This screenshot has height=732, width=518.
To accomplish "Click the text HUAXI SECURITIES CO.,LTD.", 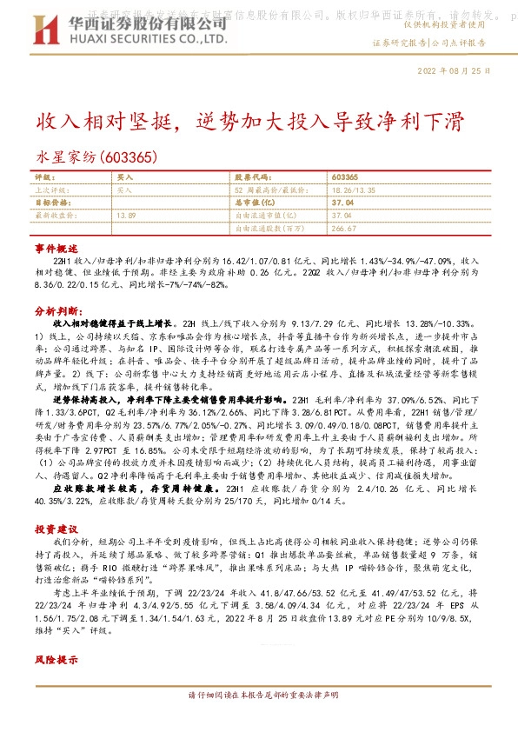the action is [x=112, y=38].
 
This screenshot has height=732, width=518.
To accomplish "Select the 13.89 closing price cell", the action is [x=126, y=214].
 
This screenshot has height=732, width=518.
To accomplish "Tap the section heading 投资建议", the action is [x=56, y=528].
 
